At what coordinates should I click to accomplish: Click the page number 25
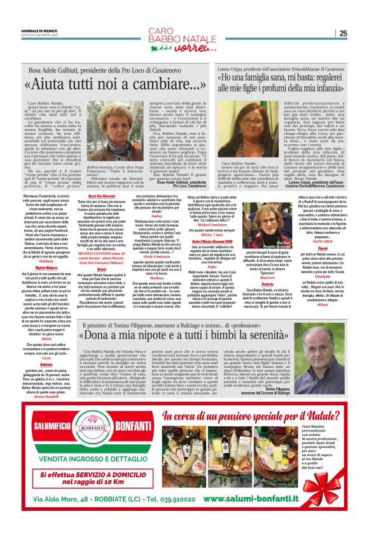pyautogui.click(x=343, y=34)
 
